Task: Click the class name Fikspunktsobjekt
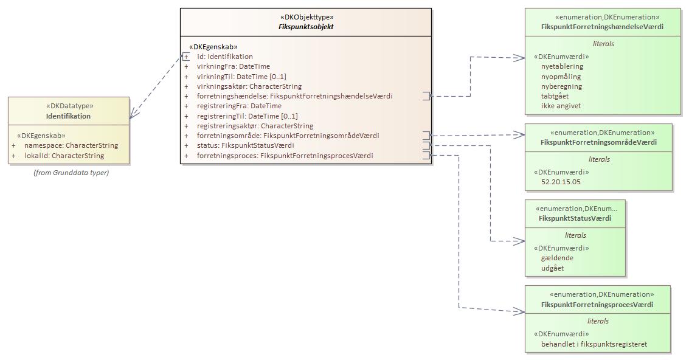(302, 27)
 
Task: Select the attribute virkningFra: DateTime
(233, 66)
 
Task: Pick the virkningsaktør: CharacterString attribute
(249, 86)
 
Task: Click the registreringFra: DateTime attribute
(239, 106)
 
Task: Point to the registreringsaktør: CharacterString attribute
(255, 126)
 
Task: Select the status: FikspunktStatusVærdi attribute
(245, 145)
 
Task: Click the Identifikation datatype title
(68, 116)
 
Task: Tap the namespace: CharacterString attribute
(71, 146)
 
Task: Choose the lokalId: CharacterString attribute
(64, 156)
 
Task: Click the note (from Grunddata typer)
(71, 173)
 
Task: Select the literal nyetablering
(562, 66)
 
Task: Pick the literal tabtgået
(555, 96)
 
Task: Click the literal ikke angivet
(561, 106)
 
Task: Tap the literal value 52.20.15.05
(561, 182)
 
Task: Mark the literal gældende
(557, 258)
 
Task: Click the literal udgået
(552, 268)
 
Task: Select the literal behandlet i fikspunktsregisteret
(594, 344)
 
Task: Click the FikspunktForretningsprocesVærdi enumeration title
(597, 305)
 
